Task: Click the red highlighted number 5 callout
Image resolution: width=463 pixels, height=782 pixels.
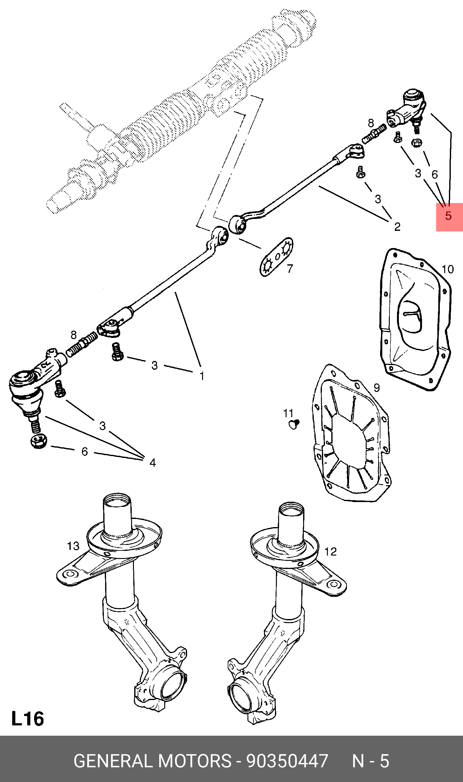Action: tap(449, 216)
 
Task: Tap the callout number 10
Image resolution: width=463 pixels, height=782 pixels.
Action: tap(448, 269)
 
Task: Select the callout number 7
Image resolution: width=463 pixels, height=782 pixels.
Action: tap(290, 268)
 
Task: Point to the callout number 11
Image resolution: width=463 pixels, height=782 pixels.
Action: tap(288, 413)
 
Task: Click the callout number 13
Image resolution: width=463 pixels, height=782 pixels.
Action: tap(73, 546)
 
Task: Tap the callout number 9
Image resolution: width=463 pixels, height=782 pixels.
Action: tap(377, 388)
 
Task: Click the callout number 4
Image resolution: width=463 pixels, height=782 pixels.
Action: tap(152, 462)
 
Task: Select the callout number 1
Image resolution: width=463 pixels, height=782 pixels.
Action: tap(202, 376)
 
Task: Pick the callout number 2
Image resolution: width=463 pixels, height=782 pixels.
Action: tap(397, 226)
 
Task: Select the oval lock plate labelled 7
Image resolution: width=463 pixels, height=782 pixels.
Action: tap(277, 257)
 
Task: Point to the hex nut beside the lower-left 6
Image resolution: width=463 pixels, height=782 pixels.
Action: tap(39, 441)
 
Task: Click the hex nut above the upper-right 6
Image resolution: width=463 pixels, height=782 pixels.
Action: tap(417, 143)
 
